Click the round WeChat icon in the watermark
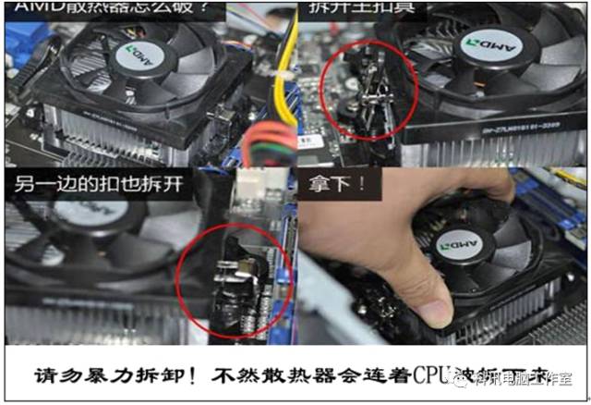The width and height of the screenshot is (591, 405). tap(478, 378)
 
